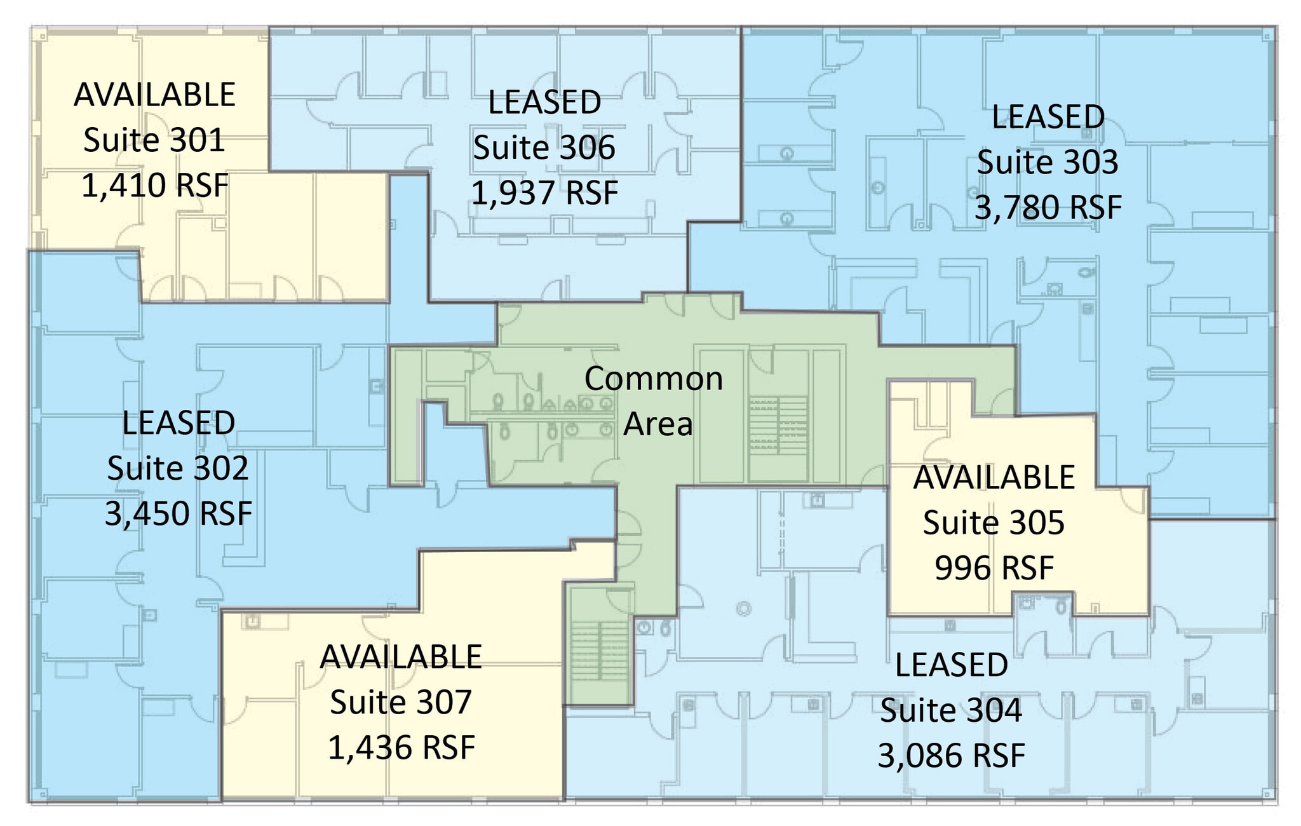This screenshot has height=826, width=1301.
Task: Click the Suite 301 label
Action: pos(154,140)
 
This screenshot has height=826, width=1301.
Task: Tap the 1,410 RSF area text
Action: pos(155,186)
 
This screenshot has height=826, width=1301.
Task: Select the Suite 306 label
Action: pos(544,148)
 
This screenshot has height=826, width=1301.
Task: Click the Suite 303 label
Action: pos(1048,163)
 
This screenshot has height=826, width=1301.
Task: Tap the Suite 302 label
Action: pos(178,469)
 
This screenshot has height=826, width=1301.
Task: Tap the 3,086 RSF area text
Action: pos(952,756)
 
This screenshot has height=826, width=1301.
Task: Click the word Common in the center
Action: pos(654,379)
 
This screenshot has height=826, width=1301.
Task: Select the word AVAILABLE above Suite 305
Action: pos(994,478)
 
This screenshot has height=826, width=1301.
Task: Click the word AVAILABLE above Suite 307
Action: pos(401,658)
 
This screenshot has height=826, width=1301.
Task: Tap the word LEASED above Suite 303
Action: pos(1048,118)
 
